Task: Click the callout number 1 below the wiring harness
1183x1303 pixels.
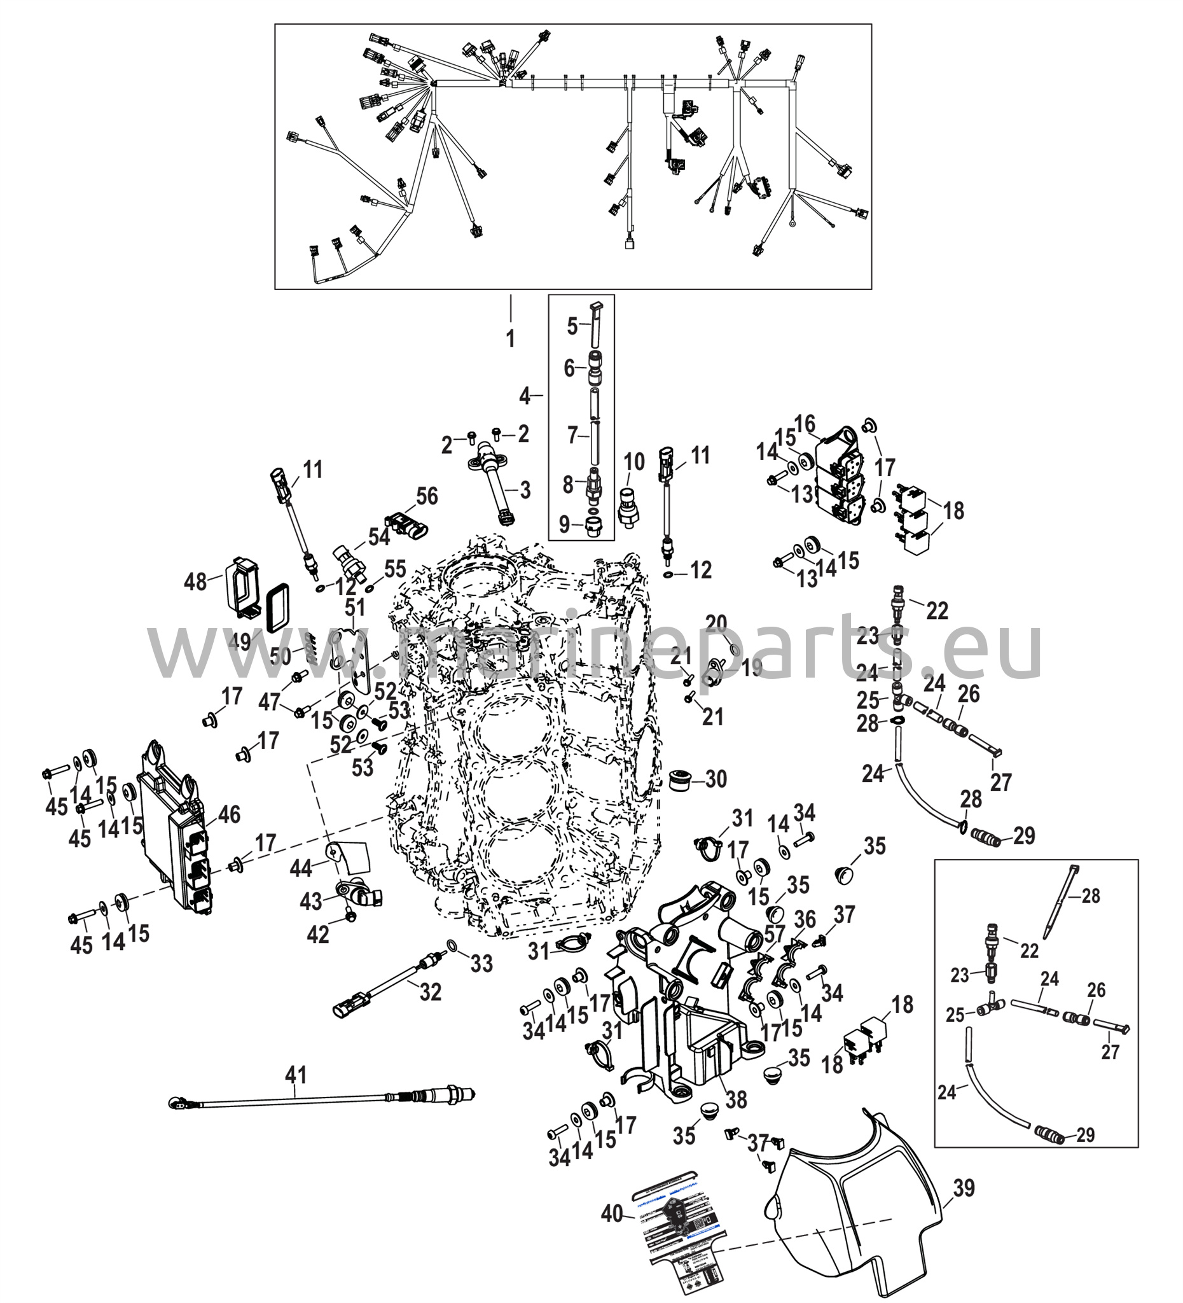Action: [511, 337]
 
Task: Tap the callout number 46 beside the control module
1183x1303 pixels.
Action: [229, 814]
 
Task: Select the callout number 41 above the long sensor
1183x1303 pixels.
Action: [296, 1075]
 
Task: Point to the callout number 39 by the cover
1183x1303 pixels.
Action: [964, 1187]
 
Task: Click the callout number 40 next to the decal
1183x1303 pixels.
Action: [612, 1213]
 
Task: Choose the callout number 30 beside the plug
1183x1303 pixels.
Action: [716, 779]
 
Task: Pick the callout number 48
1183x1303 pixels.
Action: [196, 582]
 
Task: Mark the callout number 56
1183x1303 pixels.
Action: [426, 496]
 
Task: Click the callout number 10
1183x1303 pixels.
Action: [634, 461]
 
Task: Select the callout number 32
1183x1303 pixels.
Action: [431, 991]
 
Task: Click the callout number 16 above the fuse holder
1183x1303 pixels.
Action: [805, 424]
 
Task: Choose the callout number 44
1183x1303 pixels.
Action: [301, 868]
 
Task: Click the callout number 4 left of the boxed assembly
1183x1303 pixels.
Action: [525, 395]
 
